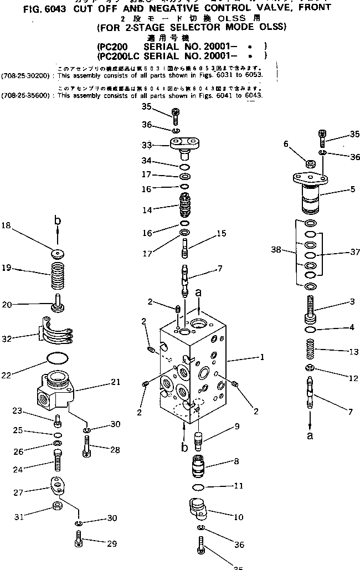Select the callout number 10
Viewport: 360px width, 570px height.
tap(239, 517)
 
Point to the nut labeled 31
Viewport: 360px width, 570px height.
tap(56, 506)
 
